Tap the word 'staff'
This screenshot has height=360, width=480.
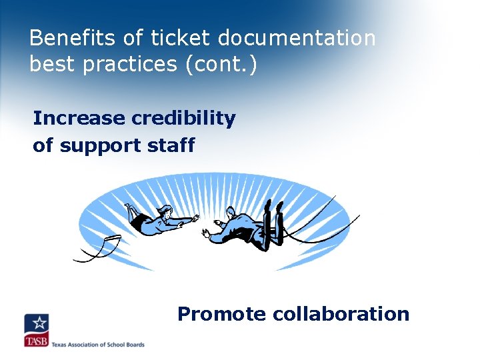tap(175, 145)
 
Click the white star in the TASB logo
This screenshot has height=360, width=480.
tap(39, 323)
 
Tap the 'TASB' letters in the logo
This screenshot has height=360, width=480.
tap(36, 341)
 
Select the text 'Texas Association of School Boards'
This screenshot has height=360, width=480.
tap(98, 344)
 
